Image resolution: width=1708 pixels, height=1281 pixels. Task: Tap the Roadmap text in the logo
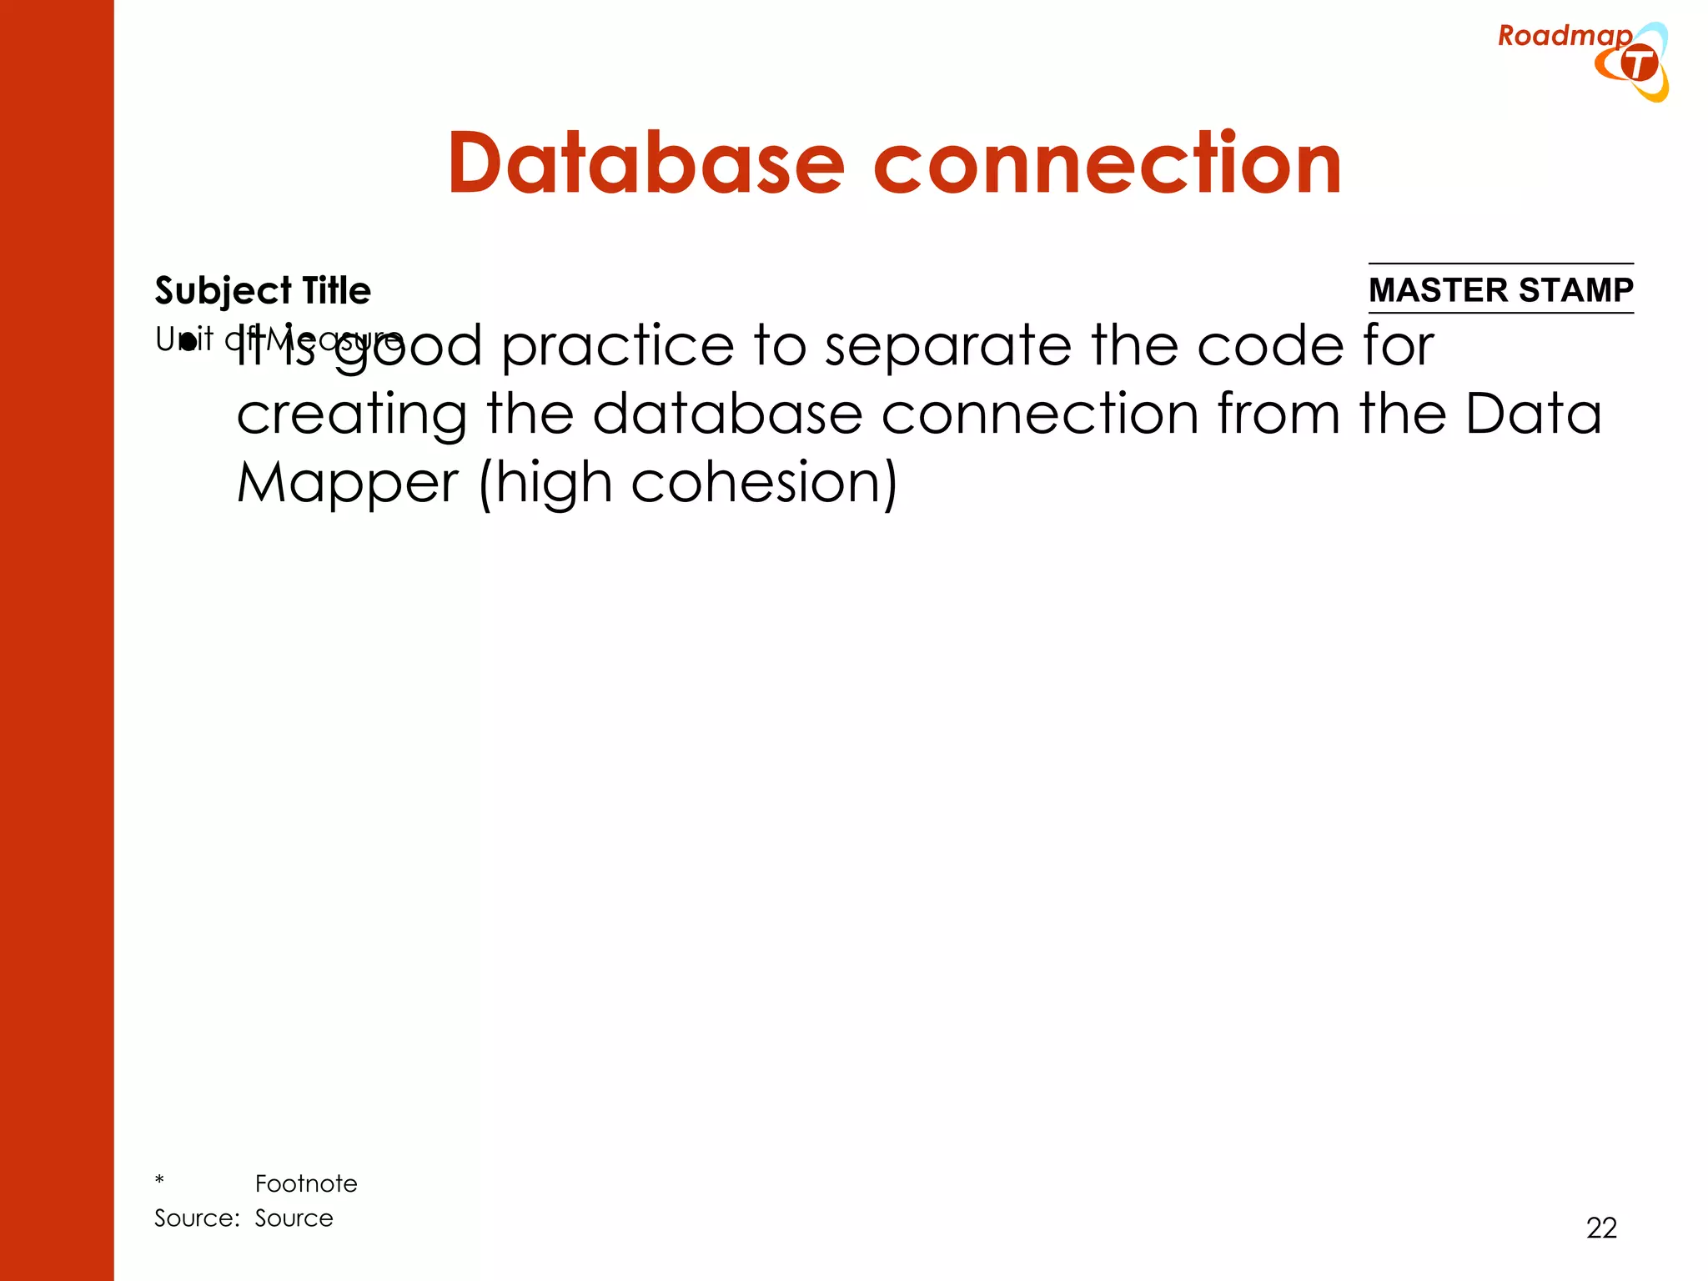click(1564, 36)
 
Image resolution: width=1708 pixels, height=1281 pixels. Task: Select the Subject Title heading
click(263, 291)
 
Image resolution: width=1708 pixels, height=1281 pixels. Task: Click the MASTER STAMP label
click(1500, 290)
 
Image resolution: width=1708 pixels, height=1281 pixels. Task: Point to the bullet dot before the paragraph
click(188, 341)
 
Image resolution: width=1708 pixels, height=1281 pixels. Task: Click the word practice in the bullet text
click(617, 345)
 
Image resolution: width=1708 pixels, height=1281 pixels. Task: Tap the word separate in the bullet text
click(947, 345)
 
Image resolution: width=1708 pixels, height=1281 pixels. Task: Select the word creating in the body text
click(351, 414)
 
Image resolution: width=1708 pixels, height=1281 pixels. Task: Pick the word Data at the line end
click(1533, 414)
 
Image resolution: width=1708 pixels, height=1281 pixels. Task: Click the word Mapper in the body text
click(347, 483)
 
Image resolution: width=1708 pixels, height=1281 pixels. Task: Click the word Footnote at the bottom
click(306, 1183)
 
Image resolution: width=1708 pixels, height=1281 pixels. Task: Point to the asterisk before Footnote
click(159, 1181)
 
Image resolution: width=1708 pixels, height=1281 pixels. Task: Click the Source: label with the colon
click(197, 1218)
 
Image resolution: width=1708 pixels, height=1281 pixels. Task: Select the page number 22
click(1601, 1228)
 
